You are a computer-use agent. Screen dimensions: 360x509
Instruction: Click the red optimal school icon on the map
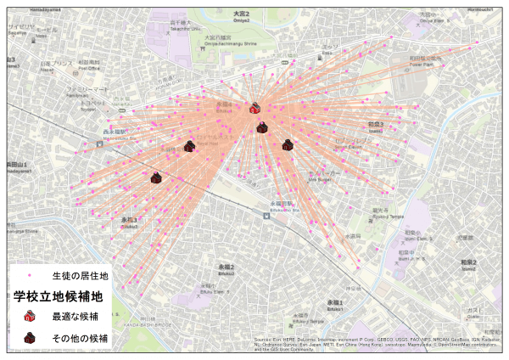point(255,108)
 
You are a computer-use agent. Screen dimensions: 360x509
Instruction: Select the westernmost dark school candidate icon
point(156,177)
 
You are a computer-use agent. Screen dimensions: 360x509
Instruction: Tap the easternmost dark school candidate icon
point(288,145)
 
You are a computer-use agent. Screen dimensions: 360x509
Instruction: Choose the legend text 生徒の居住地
point(80,276)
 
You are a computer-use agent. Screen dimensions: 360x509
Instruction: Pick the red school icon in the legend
point(30,316)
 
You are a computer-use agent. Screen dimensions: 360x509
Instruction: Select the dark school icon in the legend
point(30,338)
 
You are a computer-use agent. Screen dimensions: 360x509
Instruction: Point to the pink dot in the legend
point(30,277)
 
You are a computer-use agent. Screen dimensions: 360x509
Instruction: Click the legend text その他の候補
point(80,338)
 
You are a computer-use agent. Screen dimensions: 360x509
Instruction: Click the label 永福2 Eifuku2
point(225,268)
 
